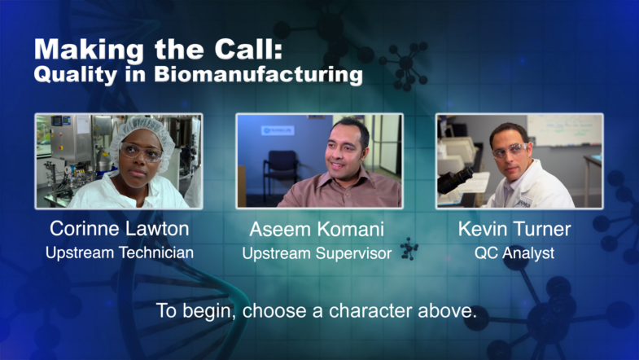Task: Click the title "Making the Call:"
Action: (158, 50)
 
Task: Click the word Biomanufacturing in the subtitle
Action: (258, 75)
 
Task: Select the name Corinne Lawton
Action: (120, 228)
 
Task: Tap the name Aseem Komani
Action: (317, 229)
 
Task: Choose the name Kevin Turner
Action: (514, 228)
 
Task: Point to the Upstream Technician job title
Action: (120, 252)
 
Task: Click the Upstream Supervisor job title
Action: (317, 253)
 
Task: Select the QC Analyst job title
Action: (514, 252)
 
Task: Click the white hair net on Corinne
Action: (142, 130)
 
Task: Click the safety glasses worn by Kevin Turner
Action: (510, 150)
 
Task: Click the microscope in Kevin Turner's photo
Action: (455, 180)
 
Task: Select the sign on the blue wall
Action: (278, 130)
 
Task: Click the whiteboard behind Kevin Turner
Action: (564, 130)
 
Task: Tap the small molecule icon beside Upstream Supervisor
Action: (409, 248)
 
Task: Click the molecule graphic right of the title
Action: (405, 65)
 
